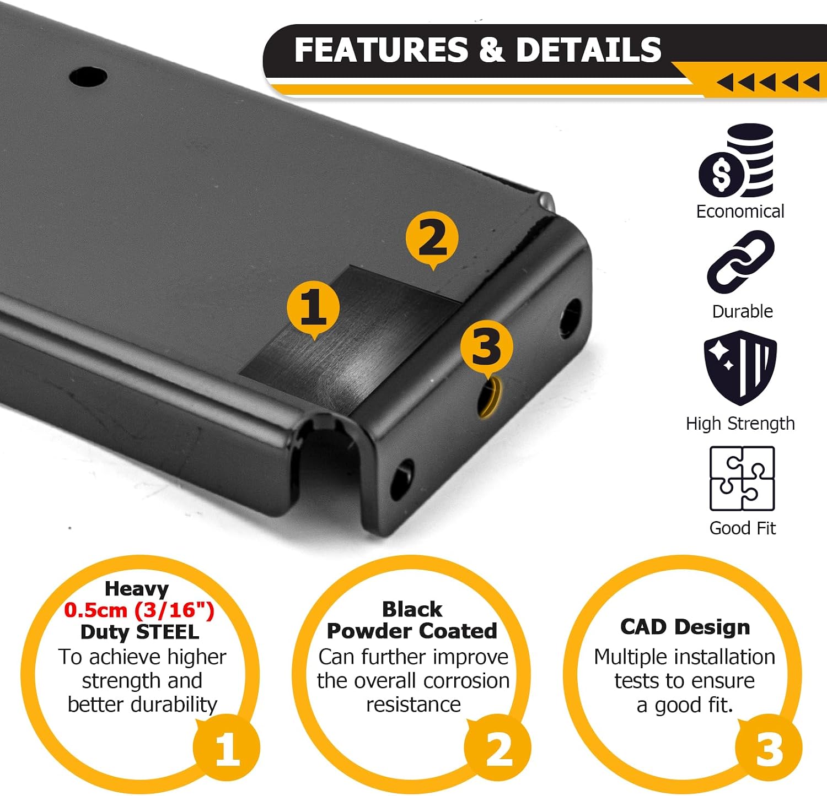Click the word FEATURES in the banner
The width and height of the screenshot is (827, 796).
click(x=381, y=50)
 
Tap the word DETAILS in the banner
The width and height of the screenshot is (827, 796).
click(x=588, y=50)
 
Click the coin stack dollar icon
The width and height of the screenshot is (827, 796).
click(x=737, y=160)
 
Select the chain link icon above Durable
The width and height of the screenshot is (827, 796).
click(x=741, y=262)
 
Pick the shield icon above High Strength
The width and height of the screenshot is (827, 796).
click(x=740, y=367)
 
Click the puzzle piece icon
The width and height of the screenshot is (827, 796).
click(x=742, y=479)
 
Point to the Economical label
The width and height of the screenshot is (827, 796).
click(x=740, y=212)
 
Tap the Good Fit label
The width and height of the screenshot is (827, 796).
click(x=742, y=528)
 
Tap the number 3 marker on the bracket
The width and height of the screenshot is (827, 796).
click(x=486, y=348)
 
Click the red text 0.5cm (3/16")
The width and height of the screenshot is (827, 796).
click(x=139, y=610)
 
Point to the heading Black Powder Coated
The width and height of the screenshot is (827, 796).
click(x=412, y=620)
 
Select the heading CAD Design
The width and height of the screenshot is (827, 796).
click(x=685, y=627)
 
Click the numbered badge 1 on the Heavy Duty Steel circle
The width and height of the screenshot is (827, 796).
click(x=226, y=748)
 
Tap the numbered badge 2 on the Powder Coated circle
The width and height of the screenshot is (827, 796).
click(x=498, y=748)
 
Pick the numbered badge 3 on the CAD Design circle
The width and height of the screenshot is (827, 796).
click(x=769, y=748)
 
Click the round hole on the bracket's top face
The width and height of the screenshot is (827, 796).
click(x=88, y=77)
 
